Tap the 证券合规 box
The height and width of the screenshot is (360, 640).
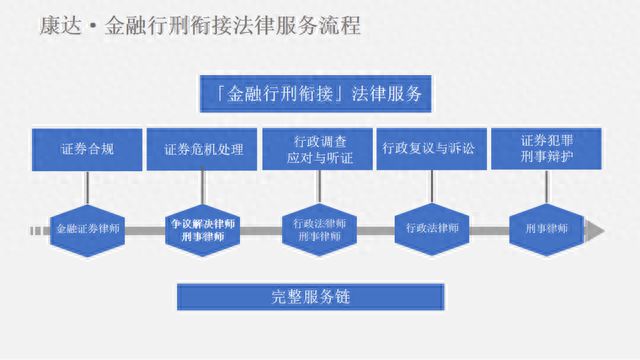tap(86, 148)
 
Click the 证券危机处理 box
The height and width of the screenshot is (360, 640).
tap(204, 148)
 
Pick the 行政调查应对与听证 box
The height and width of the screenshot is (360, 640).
tap(317, 148)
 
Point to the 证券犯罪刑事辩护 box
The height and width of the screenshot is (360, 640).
tap(547, 148)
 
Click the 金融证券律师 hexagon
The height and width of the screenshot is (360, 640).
tap(89, 229)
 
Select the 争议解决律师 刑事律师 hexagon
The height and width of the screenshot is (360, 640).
tap(203, 230)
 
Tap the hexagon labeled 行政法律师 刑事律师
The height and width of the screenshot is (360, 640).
tap(319, 230)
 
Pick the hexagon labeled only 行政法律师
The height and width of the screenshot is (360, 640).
tap(432, 229)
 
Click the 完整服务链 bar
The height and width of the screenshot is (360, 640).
tap(310, 297)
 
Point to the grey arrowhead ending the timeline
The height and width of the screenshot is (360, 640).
tap(596, 231)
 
